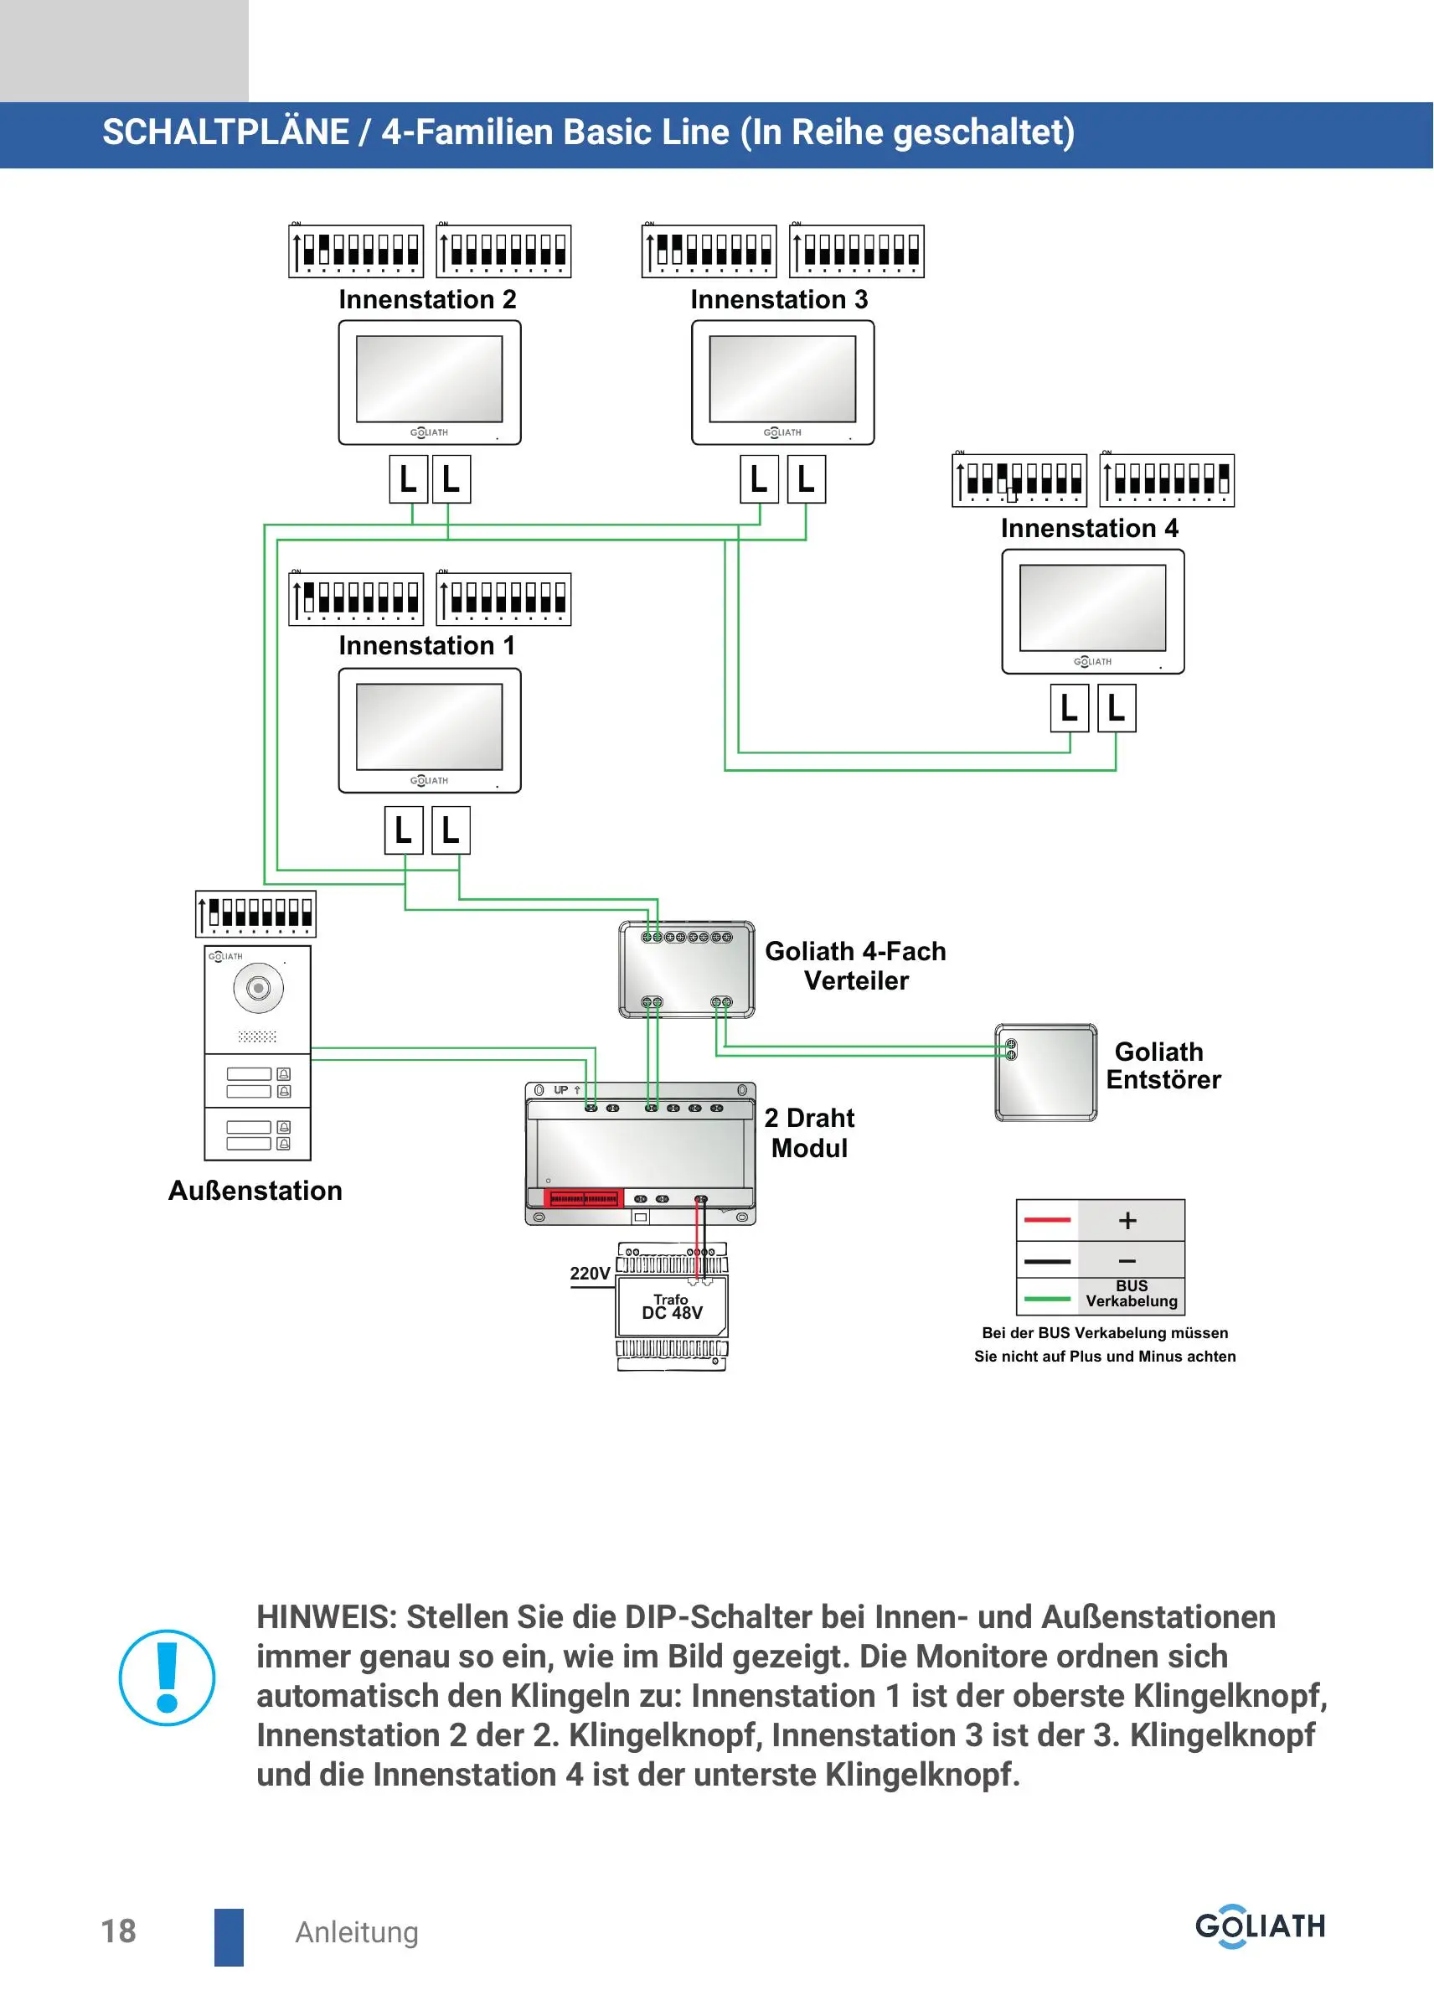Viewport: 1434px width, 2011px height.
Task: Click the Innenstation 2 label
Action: tap(427, 299)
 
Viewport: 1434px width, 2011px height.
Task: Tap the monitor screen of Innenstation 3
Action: tap(782, 379)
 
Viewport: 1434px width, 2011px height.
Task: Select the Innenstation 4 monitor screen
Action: tap(1092, 607)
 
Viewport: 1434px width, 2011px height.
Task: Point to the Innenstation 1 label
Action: tap(426, 645)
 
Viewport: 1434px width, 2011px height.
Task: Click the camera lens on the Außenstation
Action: tap(258, 987)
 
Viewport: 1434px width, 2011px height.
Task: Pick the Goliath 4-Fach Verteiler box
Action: tap(687, 969)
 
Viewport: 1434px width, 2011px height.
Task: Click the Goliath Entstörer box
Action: tap(1046, 1073)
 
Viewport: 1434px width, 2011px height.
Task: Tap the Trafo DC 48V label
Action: tap(672, 1306)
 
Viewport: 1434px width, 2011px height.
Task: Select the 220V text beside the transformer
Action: tap(590, 1274)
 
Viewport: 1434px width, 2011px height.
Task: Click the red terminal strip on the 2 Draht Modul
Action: tap(583, 1198)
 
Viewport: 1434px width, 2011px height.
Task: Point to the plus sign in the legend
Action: tap(1127, 1221)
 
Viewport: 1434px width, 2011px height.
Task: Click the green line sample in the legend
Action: tap(1047, 1299)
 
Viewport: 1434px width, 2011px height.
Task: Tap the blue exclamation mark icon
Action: tap(167, 1678)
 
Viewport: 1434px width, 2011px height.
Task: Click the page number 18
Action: tap(118, 1931)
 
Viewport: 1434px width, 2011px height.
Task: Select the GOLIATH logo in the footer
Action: tap(1261, 1926)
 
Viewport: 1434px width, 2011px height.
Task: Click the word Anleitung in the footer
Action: tap(357, 1932)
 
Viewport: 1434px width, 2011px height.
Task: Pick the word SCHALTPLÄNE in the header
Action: tap(226, 132)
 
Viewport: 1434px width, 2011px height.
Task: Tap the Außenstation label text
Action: tap(255, 1191)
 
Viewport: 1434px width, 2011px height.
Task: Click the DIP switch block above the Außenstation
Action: tap(255, 914)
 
